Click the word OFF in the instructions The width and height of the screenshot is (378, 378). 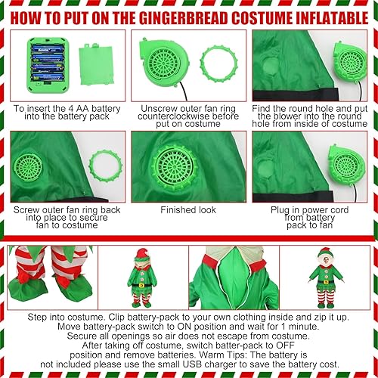click(307, 339)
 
